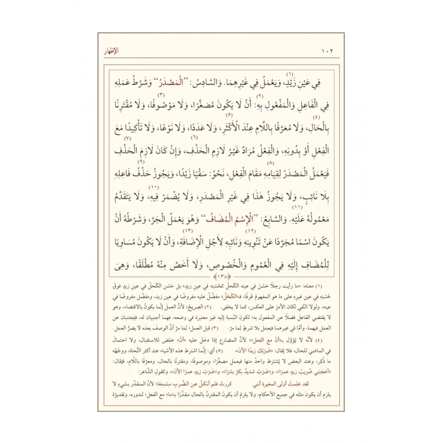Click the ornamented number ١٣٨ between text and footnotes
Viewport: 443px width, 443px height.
(221, 276)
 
